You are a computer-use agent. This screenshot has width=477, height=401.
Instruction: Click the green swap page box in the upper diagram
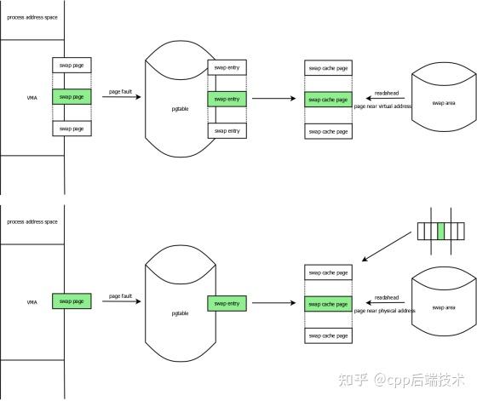[72, 97]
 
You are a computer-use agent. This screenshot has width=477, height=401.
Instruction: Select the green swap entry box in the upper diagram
[227, 99]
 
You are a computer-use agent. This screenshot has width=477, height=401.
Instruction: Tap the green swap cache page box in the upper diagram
[327, 99]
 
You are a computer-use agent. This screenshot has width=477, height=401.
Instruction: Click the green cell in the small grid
[440, 231]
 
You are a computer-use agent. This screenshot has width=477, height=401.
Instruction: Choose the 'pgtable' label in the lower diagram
[177, 312]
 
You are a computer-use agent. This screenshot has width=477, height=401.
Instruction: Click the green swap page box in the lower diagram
[72, 301]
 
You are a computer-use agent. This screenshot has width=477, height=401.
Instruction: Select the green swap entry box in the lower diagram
[227, 302]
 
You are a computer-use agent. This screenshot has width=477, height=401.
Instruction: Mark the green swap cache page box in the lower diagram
[327, 302]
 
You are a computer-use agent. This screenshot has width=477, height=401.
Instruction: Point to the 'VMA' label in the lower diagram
[31, 301]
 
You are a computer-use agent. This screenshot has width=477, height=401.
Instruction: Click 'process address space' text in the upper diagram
[32, 17]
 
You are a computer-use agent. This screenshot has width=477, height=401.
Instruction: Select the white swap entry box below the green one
[227, 130]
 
